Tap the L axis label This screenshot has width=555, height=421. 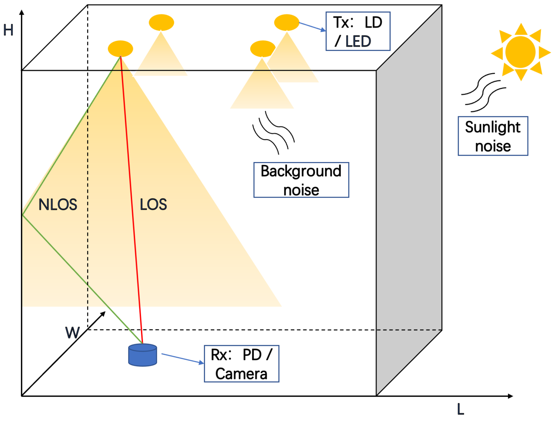click(x=460, y=409)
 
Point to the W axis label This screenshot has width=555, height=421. click(x=72, y=333)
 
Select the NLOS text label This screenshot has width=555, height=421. click(x=58, y=204)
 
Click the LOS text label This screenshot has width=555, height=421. click(x=153, y=204)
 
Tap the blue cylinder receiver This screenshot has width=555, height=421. click(x=143, y=355)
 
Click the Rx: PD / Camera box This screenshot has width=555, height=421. click(x=241, y=364)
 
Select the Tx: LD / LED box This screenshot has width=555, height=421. click(x=358, y=31)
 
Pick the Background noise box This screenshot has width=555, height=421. click(x=301, y=180)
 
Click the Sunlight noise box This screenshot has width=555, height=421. click(x=493, y=136)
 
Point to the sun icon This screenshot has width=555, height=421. click(x=520, y=52)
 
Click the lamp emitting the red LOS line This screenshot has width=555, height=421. click(x=120, y=48)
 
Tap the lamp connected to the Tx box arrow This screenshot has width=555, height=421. click(x=286, y=22)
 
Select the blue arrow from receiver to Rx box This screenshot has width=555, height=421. click(x=183, y=358)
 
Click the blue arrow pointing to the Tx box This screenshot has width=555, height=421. click(x=312, y=26)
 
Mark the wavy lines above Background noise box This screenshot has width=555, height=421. click(x=273, y=133)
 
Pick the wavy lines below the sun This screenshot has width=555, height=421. click(x=483, y=93)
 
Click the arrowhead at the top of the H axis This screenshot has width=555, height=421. click(x=22, y=12)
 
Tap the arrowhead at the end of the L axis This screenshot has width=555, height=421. click(x=510, y=396)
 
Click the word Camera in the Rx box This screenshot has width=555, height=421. click(x=241, y=374)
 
